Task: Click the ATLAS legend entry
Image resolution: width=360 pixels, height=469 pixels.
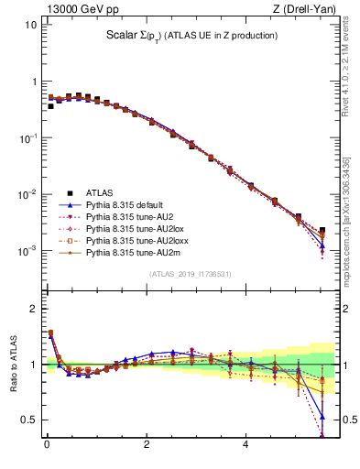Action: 100,192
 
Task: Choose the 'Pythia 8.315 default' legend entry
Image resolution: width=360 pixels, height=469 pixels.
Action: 127,206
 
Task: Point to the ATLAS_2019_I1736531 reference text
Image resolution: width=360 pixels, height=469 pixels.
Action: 190,273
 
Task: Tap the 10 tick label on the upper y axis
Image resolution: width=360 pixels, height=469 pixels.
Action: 30,24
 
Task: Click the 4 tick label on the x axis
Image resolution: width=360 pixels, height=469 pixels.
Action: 245,446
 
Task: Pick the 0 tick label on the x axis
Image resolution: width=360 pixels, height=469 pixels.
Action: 47,446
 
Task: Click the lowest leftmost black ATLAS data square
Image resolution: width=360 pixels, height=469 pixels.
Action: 50,106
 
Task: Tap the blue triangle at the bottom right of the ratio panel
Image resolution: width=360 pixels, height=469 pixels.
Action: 322,417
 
